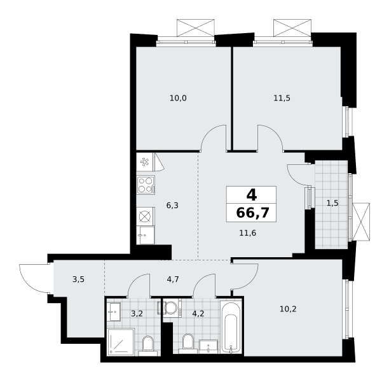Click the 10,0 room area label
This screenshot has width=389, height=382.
point(178,98)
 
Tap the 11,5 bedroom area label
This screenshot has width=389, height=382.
point(282,98)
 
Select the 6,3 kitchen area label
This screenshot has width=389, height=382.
point(172,206)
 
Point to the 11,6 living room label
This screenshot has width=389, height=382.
point(248,233)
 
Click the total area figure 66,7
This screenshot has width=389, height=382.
point(252,213)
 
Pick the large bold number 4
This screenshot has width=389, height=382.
point(252,195)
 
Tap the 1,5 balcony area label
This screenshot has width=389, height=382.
point(332,203)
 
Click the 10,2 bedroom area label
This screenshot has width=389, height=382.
point(288,309)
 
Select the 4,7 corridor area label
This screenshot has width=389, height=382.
point(173,279)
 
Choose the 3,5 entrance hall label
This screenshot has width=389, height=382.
point(78,279)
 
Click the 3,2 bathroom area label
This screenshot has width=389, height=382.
point(137,314)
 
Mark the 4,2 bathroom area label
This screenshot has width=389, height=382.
point(198,314)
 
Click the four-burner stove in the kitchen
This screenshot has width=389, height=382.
point(146,185)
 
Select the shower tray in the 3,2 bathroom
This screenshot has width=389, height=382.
point(121,342)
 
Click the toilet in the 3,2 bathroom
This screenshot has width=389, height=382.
point(148,346)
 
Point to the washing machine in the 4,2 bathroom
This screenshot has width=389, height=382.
point(172,308)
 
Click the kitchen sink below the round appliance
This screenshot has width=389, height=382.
point(146,235)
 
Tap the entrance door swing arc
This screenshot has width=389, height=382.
point(35,279)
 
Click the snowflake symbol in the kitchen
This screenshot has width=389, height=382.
point(144,162)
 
